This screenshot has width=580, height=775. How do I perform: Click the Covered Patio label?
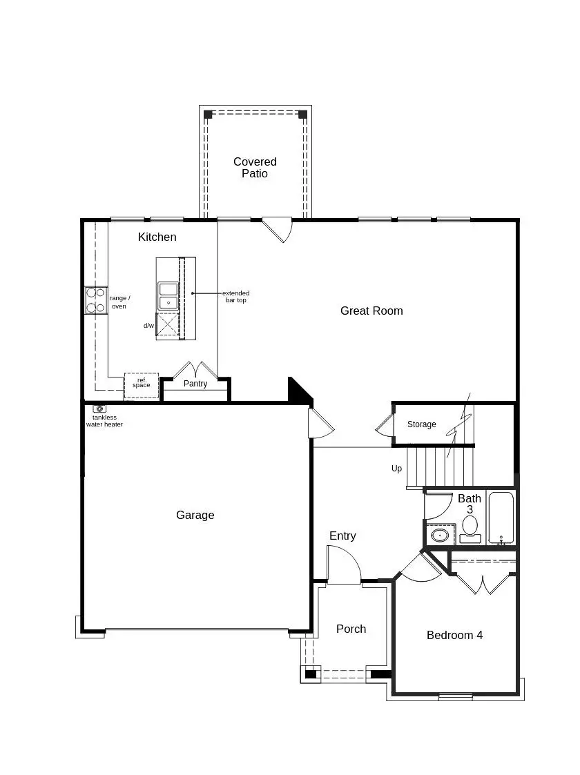click(255, 168)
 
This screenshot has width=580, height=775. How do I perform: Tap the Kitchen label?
click(157, 237)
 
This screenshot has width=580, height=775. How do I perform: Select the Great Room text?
click(371, 311)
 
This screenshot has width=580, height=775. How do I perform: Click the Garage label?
click(195, 515)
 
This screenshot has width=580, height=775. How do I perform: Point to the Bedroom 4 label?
click(454, 635)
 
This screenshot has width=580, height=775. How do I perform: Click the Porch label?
click(351, 629)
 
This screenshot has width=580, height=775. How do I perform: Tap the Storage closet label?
click(421, 424)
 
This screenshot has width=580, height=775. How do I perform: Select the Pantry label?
click(195, 384)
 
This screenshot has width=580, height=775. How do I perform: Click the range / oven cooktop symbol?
click(95, 300)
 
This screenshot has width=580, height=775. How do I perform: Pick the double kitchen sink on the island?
click(168, 296)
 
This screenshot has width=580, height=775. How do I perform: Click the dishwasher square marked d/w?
click(168, 324)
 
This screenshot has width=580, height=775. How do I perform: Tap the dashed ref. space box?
click(141, 385)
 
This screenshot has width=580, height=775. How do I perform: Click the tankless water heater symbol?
click(99, 409)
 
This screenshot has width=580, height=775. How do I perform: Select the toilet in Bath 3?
click(470, 528)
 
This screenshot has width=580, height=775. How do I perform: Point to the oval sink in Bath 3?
click(439, 535)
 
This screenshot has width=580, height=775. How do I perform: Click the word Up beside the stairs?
click(396, 469)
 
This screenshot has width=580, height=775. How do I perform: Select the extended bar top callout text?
click(235, 297)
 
